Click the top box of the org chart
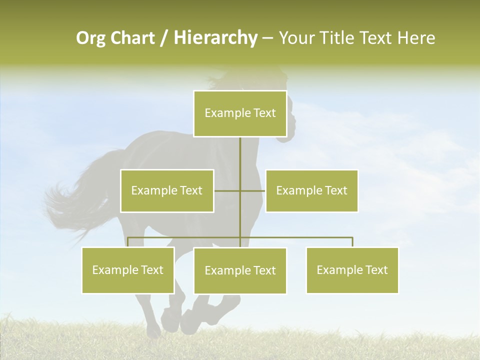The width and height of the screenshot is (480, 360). (x=240, y=113)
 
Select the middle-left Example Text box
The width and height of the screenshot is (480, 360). (x=167, y=190)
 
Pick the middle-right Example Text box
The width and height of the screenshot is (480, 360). (x=311, y=190)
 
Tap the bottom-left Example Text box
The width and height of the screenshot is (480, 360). (x=128, y=270)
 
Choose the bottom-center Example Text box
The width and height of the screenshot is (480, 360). (x=240, y=270)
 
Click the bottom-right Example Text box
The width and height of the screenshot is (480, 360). (x=352, y=270)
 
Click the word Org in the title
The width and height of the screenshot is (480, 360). (x=90, y=38)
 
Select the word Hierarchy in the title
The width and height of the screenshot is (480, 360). (x=215, y=38)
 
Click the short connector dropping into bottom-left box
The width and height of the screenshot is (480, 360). (x=128, y=242)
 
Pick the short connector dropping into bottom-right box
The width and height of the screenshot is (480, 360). (x=352, y=242)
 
